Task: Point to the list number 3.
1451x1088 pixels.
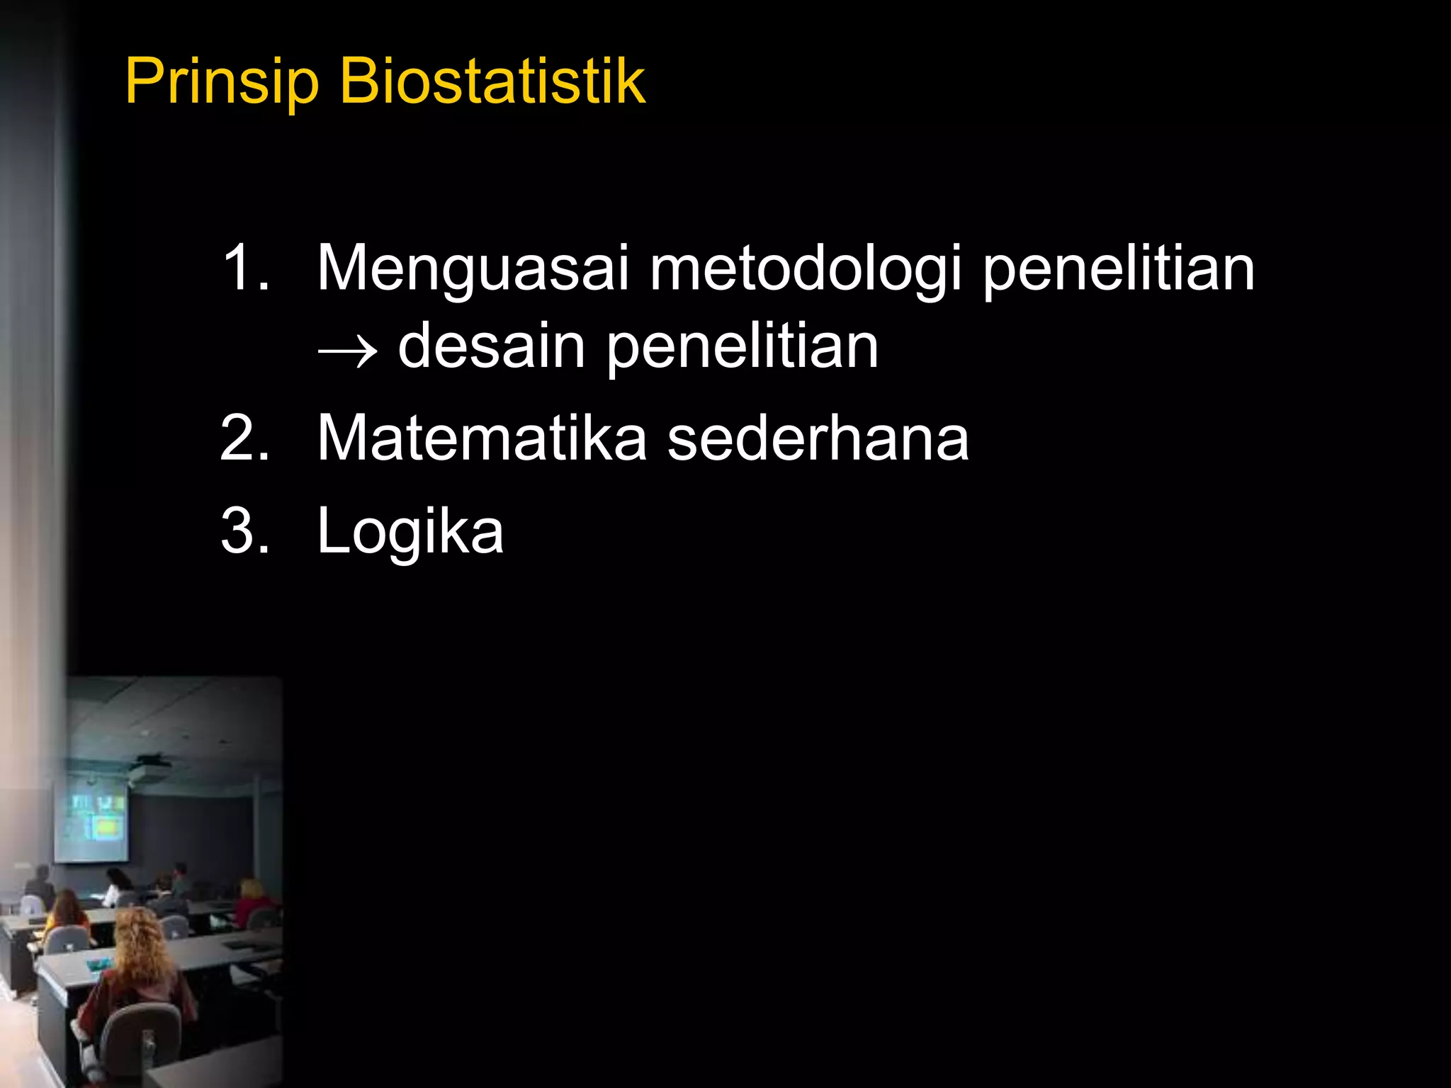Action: point(244,531)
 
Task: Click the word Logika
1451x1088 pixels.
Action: point(410,532)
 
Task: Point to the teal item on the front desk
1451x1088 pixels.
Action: point(99,964)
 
